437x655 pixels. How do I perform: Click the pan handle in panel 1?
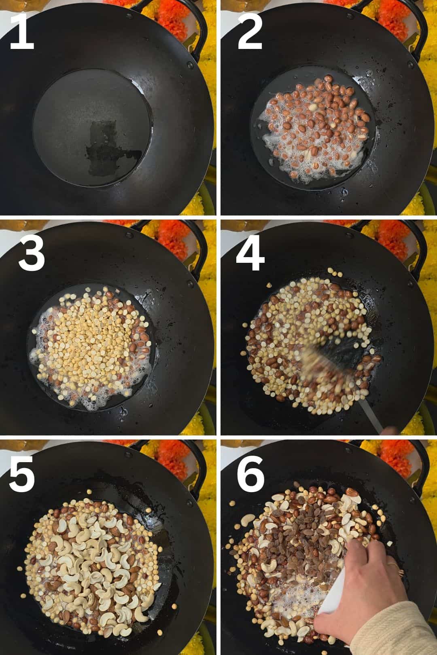187,26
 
